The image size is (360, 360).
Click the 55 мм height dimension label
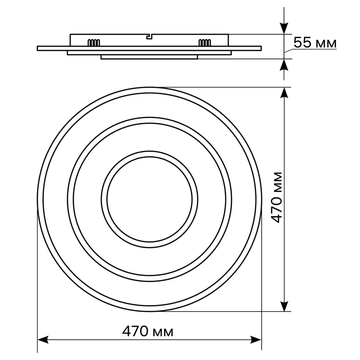point(315,43)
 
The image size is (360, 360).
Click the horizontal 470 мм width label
point(147,332)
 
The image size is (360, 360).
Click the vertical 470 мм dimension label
point(276,197)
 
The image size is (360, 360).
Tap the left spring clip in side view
point(94,42)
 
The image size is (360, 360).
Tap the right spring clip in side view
point(204,42)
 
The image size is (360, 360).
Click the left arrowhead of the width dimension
point(43,339)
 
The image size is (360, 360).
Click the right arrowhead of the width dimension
point(256,339)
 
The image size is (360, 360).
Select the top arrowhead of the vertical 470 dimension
point(284,93)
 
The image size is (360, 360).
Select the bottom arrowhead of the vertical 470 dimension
point(284,306)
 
